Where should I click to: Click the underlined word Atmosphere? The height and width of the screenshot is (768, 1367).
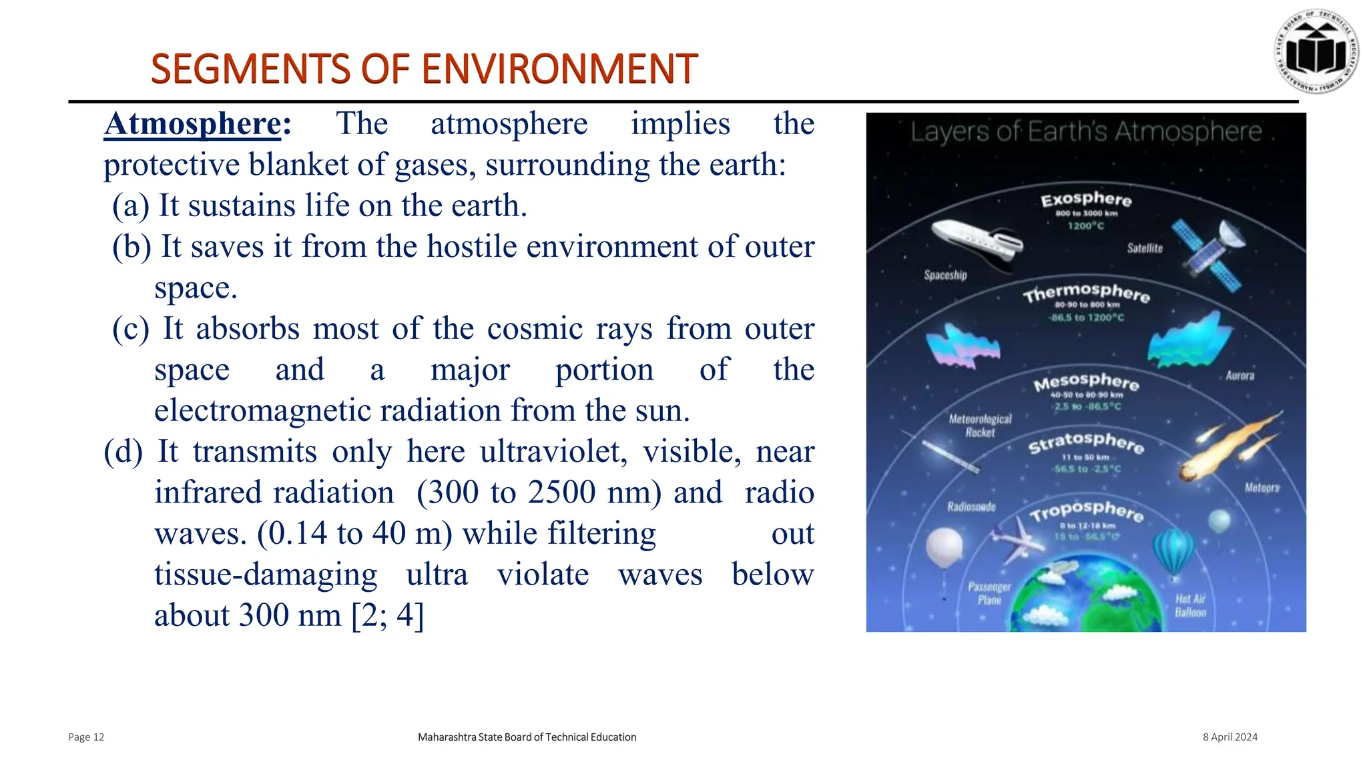pyautogui.click(x=192, y=124)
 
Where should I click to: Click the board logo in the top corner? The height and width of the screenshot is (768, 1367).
pyautogui.click(x=1316, y=51)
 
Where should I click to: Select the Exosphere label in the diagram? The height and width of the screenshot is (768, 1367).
pyautogui.click(x=1086, y=199)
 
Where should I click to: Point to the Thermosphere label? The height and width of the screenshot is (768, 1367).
pyautogui.click(x=1086, y=292)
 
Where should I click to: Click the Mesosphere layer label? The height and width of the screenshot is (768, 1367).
pyautogui.click(x=1086, y=382)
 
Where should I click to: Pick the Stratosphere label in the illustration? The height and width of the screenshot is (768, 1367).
pyautogui.click(x=1086, y=442)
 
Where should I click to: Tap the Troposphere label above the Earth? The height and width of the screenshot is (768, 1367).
pyautogui.click(x=1086, y=510)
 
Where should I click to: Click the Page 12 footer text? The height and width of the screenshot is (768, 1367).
pyautogui.click(x=86, y=737)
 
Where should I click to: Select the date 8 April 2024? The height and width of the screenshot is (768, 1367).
pyautogui.click(x=1229, y=737)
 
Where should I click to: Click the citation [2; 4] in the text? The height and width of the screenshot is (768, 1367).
pyautogui.click(x=387, y=615)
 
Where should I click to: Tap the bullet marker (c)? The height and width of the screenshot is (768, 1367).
pyautogui.click(x=131, y=329)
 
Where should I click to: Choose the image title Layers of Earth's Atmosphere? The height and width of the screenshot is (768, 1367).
pyautogui.click(x=1086, y=132)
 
